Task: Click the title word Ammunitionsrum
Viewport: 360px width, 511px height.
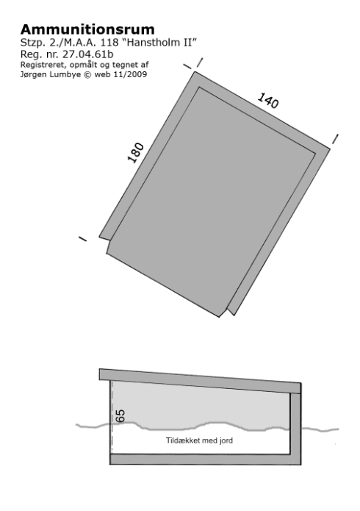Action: tap(87, 29)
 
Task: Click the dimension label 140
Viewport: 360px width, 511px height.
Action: tap(268, 101)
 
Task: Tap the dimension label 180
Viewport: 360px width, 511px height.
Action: tap(135, 152)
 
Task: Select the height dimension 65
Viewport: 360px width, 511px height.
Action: tap(120, 416)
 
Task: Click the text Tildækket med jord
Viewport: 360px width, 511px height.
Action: tap(199, 440)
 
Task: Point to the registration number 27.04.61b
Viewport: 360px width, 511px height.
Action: tap(88, 54)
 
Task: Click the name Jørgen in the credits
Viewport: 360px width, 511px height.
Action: tap(32, 75)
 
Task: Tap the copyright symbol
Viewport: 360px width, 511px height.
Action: tap(87, 75)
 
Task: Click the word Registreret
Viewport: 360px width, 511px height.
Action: tap(43, 65)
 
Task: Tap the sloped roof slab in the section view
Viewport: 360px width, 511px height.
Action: tap(200, 381)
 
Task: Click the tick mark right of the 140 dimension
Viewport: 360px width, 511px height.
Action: tap(335, 139)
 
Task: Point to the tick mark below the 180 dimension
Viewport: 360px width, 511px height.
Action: tap(83, 239)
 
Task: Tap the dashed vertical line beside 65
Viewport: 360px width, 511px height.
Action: tap(112, 416)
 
